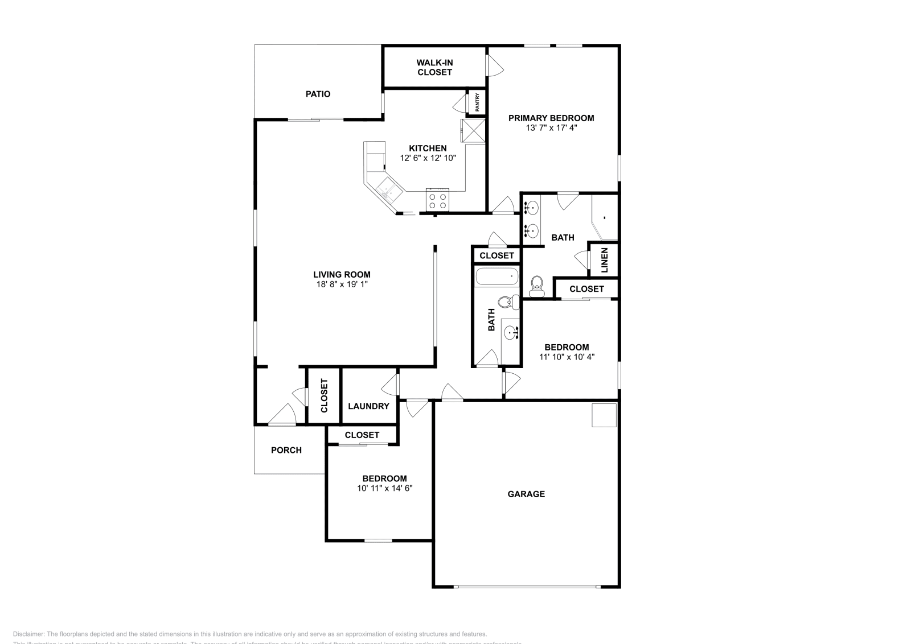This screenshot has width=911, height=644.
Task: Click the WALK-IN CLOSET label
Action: tap(434, 67)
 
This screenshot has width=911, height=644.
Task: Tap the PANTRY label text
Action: tap(478, 103)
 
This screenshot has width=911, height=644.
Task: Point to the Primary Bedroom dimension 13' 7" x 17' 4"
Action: tap(551, 128)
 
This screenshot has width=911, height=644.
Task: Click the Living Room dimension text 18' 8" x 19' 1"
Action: tap(342, 284)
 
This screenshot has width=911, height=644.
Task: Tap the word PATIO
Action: tap(318, 94)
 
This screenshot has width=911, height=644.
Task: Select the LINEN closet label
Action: tap(605, 260)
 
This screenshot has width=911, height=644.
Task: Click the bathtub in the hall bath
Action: tap(497, 277)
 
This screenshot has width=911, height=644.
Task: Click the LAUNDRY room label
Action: tap(368, 406)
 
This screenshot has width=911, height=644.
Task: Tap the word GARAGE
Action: tap(526, 494)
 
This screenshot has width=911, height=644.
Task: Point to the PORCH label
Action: tap(286, 450)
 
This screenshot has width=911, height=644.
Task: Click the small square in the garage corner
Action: tap(604, 415)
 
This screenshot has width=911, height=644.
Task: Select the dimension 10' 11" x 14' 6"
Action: tap(384, 488)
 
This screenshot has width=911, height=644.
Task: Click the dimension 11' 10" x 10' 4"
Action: tap(567, 357)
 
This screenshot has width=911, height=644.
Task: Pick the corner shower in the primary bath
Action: tap(605, 217)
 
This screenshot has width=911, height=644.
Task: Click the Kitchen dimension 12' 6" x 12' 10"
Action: tap(428, 158)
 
